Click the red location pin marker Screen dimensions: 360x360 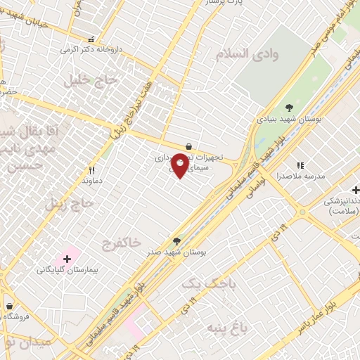pos(179,166)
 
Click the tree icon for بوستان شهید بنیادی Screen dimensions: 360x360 pos(289,107)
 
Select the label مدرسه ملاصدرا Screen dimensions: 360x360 pos(300,176)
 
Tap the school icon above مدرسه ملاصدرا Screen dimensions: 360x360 pos(300,165)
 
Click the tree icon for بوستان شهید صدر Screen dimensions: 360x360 pos(176,241)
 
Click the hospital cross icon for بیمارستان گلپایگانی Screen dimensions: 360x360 pos(67,259)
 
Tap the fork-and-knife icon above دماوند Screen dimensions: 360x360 pos(91,170)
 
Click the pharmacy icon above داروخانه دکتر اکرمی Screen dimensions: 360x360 pos(89,40)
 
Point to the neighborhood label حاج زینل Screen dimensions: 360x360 pos(69,205)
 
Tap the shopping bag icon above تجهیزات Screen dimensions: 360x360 pos(188,146)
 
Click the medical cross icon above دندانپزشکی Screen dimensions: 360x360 pos(355,190)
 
